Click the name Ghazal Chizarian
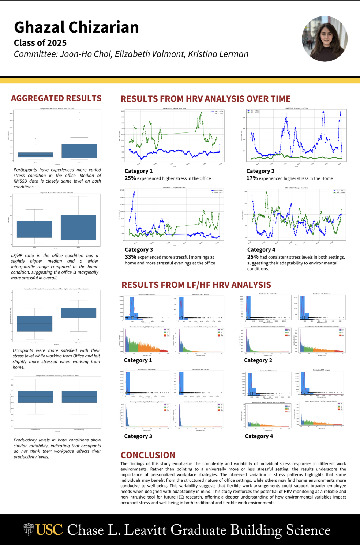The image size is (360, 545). pos(76,27)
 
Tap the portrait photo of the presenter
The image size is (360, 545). pos(325,39)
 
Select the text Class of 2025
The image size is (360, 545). pos(40,43)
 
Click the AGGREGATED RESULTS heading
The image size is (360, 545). pos(56,98)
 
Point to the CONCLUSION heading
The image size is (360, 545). pos(148,455)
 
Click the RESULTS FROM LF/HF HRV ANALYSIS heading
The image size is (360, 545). pos(196,285)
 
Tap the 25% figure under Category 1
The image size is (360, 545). pos(130,178)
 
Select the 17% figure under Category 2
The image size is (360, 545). pos(252,178)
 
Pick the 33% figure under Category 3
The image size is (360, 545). pos(130,257)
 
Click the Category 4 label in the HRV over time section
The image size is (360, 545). pos(261,249)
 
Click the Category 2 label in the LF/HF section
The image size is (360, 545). pos(258,360)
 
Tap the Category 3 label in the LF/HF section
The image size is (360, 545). pos(138,436)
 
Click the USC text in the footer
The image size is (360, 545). pos(49,530)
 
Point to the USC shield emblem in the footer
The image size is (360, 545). pos(29,530)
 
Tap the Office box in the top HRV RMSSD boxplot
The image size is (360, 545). pos(35,154)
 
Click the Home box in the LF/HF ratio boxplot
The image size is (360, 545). pos(78,227)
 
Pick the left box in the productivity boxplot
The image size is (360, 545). pos(35,396)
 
